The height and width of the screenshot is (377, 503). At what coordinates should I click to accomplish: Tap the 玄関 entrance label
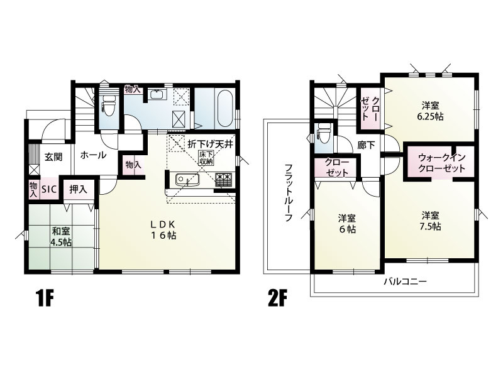pyautogui.click(x=53, y=156)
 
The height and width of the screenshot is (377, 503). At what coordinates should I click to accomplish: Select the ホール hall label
pyautogui.click(x=93, y=155)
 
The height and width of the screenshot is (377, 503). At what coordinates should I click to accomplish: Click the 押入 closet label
pyautogui.click(x=78, y=188)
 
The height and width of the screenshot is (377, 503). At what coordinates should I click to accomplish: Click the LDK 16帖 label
pyautogui.click(x=166, y=229)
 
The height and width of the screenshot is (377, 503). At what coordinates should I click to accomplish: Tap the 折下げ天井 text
pyautogui.click(x=209, y=143)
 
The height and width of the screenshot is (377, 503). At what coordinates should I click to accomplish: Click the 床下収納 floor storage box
pyautogui.click(x=206, y=158)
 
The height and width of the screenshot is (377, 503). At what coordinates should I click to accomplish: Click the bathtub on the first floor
pyautogui.click(x=224, y=108)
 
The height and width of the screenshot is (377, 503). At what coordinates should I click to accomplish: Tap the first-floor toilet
pyautogui.click(x=109, y=107)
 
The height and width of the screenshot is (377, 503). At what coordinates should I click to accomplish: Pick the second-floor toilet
pyautogui.click(x=324, y=133)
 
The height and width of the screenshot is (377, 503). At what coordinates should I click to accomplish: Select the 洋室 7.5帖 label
pyautogui.click(x=431, y=220)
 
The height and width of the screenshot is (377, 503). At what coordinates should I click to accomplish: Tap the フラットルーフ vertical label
pyautogui.click(x=288, y=192)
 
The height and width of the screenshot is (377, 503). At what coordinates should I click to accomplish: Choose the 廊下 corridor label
pyautogui.click(x=366, y=145)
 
